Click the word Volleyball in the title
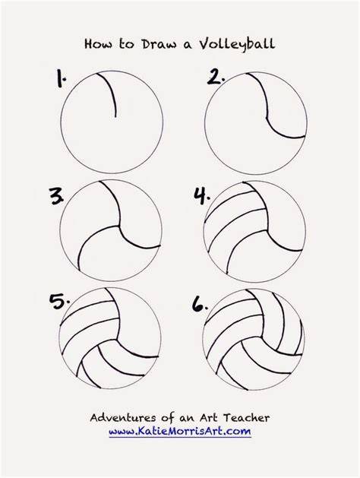click(237, 44)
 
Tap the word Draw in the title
click(159, 44)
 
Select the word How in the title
click(98, 44)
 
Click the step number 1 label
click(61, 78)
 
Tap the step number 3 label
click(57, 196)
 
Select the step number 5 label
click(59, 301)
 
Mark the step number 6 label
click(200, 303)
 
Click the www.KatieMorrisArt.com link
click(180, 432)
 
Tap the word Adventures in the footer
click(121, 417)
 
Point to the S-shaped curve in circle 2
click(267, 114)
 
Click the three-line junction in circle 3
click(118, 226)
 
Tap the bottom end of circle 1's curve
click(115, 117)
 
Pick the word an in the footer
click(186, 418)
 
